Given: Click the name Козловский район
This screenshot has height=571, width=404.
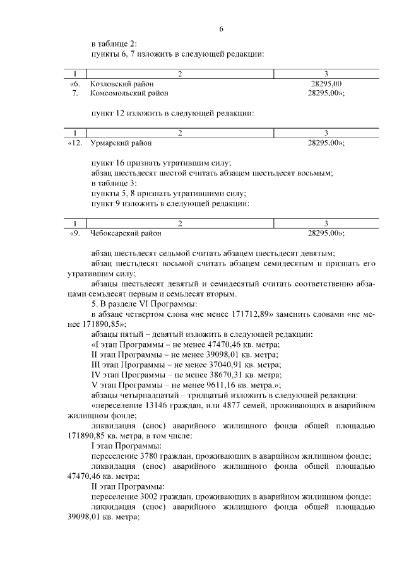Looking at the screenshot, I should coord(122,83).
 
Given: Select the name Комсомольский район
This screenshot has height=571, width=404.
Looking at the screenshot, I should coord(129,93).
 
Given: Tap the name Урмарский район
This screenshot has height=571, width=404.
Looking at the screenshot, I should coord(121,143).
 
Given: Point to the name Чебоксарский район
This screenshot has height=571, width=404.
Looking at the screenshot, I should coord(126,233).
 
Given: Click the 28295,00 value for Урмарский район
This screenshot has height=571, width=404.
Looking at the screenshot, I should coord(324,143).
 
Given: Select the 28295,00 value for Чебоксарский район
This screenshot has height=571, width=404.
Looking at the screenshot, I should coord(324,233).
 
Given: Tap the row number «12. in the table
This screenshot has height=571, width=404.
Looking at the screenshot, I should coord(75,143).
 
